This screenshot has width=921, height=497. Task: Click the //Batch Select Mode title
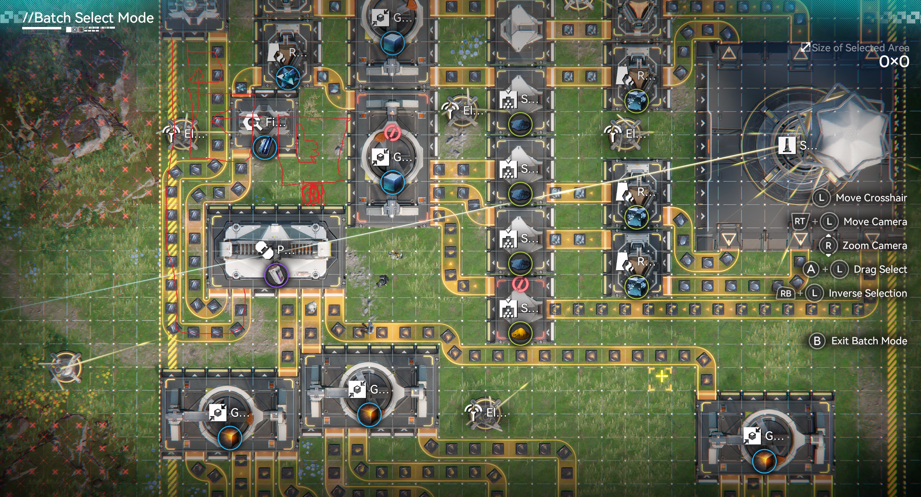point(88,18)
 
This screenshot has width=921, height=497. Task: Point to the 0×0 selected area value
point(894,62)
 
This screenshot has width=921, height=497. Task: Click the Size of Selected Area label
point(860,48)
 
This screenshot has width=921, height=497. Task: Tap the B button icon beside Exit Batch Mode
point(817,341)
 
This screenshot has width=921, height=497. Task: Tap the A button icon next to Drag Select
point(811,269)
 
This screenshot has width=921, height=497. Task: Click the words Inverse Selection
point(868,293)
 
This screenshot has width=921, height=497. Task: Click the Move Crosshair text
point(871,198)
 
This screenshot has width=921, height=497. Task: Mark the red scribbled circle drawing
point(313,194)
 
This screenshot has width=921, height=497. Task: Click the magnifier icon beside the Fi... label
point(253,123)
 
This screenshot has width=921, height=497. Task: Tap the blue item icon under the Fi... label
point(265,147)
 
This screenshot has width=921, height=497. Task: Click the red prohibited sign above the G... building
point(392,133)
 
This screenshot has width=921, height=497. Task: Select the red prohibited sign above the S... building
point(520,284)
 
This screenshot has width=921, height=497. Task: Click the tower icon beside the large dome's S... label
point(787,145)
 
